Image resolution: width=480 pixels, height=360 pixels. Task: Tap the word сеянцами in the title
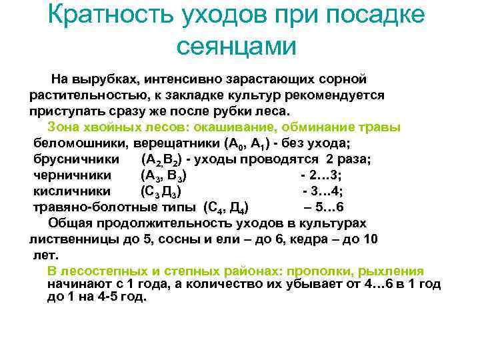236,46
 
